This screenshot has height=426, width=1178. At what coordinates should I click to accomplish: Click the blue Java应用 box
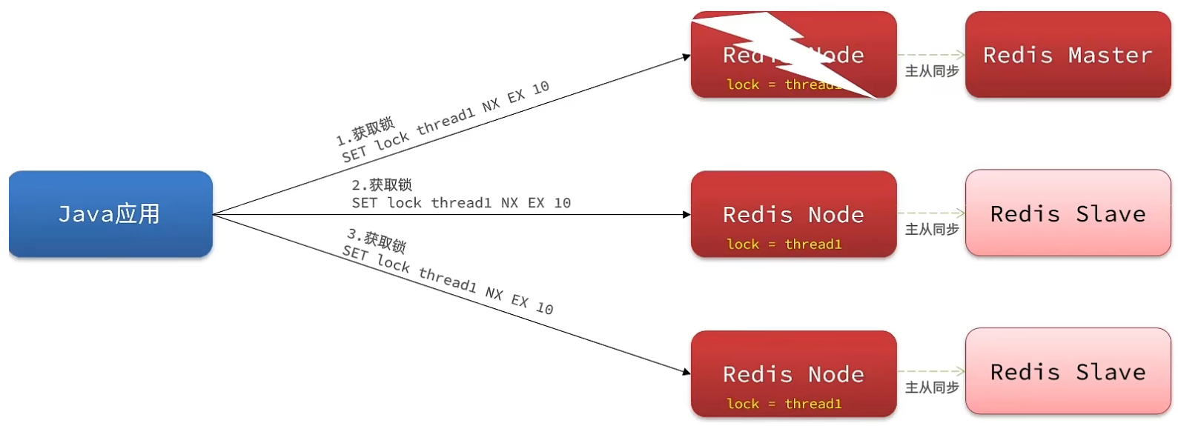click(110, 214)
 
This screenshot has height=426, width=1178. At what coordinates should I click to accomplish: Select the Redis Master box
click(1068, 55)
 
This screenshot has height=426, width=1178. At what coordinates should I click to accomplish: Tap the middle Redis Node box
click(793, 214)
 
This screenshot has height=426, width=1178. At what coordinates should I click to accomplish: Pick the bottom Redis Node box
click(793, 373)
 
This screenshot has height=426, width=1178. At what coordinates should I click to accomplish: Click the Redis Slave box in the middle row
click(1068, 213)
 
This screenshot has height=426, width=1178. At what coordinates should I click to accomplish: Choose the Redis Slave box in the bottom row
click(1068, 371)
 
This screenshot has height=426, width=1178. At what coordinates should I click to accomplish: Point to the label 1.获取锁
click(365, 130)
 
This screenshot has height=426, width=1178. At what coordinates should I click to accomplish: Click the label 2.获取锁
click(382, 184)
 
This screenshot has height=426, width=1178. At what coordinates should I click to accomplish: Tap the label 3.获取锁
click(377, 240)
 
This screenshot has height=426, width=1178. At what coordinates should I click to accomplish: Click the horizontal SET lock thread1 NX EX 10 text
click(461, 203)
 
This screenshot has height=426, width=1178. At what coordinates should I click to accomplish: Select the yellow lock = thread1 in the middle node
click(784, 244)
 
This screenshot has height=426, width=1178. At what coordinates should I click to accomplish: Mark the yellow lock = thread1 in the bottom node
click(784, 404)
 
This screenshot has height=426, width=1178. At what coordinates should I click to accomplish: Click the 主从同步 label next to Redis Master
click(932, 71)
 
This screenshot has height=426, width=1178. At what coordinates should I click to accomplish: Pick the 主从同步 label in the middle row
click(932, 230)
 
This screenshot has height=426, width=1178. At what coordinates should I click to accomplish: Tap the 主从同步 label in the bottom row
click(932, 387)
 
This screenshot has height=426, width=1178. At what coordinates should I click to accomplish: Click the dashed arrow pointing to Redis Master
click(930, 55)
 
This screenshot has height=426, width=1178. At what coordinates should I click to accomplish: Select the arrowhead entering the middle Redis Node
click(686, 215)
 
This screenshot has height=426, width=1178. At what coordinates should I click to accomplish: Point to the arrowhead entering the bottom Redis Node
click(686, 372)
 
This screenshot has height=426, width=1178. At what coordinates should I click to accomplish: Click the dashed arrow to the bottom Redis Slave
click(930, 371)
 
